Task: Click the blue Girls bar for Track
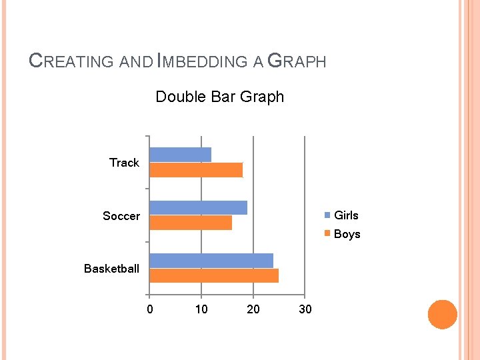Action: pos(180,155)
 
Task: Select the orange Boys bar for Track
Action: pos(196,170)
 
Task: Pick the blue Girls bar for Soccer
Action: pos(198,207)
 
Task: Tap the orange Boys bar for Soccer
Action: pos(191,223)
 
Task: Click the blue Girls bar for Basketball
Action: pos(211,261)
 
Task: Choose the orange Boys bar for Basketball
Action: pos(214,275)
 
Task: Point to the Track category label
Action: pos(124,163)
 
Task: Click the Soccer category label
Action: pos(121,216)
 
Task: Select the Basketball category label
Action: pos(111,269)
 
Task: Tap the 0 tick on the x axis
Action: pos(150,309)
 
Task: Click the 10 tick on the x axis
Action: pos(201,309)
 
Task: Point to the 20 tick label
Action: pos(253,309)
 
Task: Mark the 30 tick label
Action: pos(305,309)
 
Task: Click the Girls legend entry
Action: pos(345,215)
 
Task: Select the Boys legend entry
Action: pos(346,234)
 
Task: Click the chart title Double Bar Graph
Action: pos(219,97)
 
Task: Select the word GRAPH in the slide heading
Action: pos(297,62)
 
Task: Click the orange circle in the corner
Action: pos(442,315)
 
